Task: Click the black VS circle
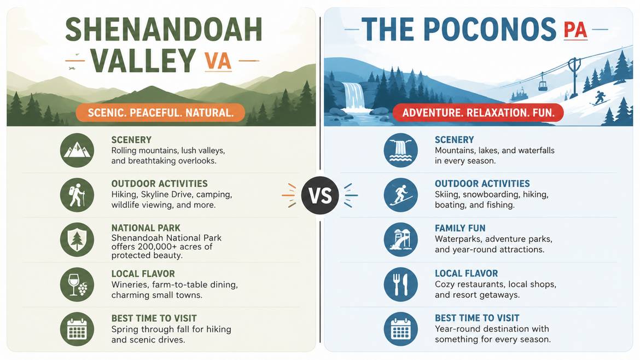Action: (x=320, y=195)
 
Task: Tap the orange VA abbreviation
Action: (x=218, y=61)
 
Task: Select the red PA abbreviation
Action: (x=575, y=30)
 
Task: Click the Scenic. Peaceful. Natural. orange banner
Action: (x=160, y=113)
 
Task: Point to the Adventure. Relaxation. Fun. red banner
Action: (x=478, y=113)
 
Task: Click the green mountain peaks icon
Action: (x=77, y=150)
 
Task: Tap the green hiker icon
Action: (x=77, y=195)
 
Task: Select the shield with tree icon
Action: (x=77, y=240)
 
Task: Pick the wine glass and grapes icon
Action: (x=77, y=284)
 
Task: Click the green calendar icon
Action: (x=77, y=329)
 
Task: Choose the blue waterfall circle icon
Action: (x=401, y=150)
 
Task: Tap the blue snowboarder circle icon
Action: (x=401, y=195)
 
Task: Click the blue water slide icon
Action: (x=401, y=240)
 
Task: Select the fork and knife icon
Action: (x=401, y=284)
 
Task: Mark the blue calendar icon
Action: (x=401, y=329)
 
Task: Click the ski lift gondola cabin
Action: (x=543, y=84)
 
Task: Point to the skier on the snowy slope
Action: (x=600, y=98)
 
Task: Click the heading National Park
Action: (x=146, y=228)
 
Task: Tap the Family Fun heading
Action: (x=460, y=228)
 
